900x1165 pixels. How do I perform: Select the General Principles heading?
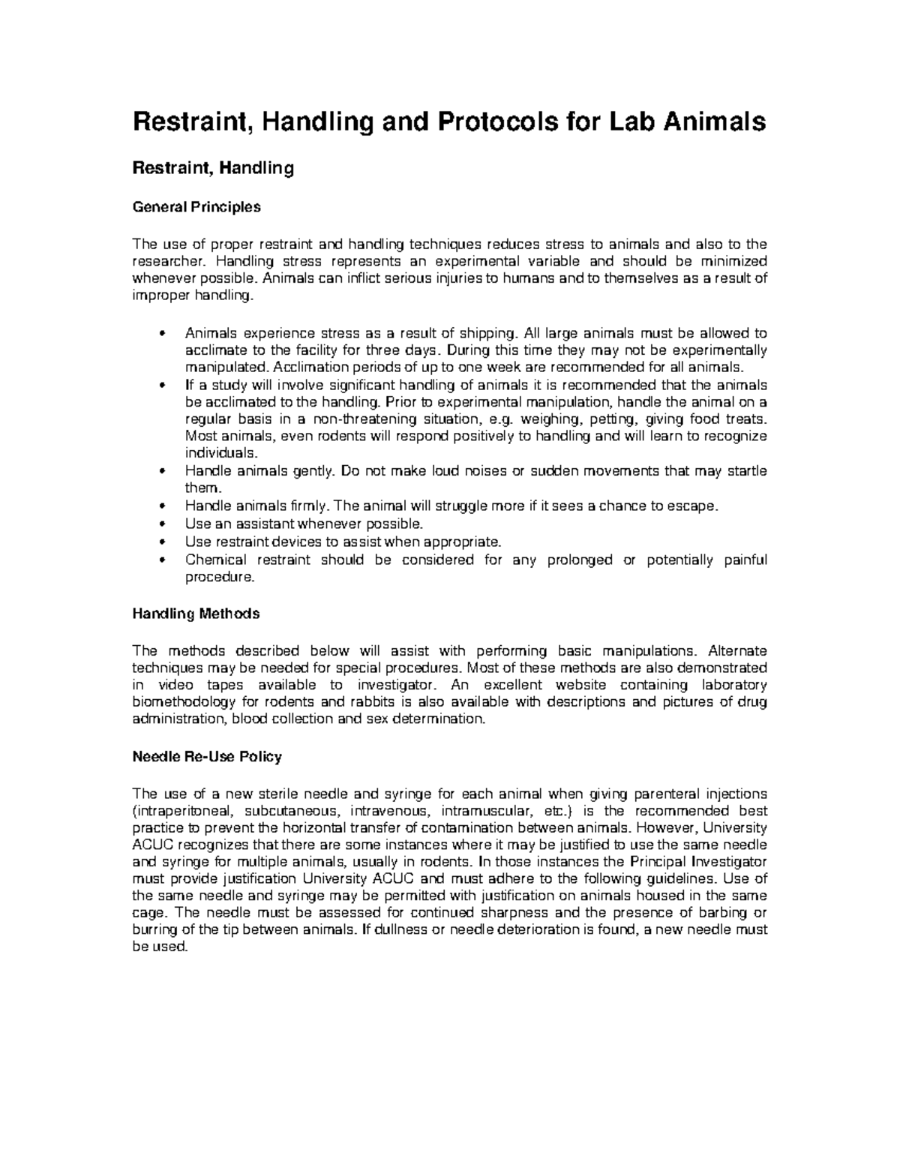pos(196,207)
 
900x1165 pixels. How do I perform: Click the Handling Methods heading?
pos(196,614)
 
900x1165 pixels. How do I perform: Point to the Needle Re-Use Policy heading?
pos(207,757)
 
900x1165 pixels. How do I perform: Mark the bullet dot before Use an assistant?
pos(163,524)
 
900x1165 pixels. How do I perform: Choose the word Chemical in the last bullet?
pos(215,560)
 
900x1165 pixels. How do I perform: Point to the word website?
pos(583,685)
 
